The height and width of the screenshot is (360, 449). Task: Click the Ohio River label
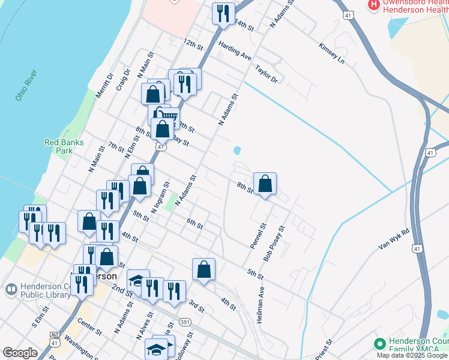(x=27, y=85)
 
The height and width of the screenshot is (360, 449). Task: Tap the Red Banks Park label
(x=64, y=146)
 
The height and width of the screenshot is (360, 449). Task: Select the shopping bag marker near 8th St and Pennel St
(x=265, y=184)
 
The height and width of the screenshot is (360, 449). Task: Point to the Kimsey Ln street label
(x=332, y=53)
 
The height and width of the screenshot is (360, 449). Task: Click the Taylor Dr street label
(x=267, y=74)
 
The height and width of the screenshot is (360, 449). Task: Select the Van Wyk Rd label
(x=394, y=239)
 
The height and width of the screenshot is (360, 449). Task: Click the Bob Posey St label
(x=274, y=244)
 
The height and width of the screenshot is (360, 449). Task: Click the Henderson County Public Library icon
(x=10, y=290)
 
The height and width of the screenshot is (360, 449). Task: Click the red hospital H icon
(x=373, y=4)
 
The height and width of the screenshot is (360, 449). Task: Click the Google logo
(x=20, y=353)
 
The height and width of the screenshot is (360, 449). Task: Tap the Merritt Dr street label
(x=104, y=85)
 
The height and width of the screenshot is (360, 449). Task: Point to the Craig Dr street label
(x=123, y=80)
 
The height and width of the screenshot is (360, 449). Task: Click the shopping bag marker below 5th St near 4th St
(x=204, y=269)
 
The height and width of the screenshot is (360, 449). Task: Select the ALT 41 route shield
(x=55, y=337)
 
